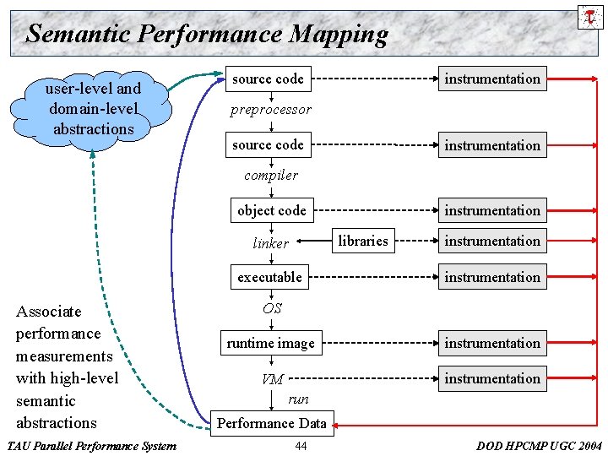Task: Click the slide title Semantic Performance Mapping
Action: click(x=207, y=35)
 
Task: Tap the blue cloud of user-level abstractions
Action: click(x=93, y=109)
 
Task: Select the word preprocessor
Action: click(x=271, y=110)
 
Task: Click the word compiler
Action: click(x=271, y=176)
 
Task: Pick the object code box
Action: click(x=271, y=210)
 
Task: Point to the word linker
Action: click(x=271, y=243)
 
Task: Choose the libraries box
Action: click(x=363, y=242)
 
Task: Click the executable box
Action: click(x=269, y=277)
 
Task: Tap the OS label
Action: click(x=272, y=308)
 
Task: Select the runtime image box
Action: click(x=270, y=343)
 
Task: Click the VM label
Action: click(x=272, y=379)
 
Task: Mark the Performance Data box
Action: click(x=272, y=422)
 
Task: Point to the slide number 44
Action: click(x=301, y=446)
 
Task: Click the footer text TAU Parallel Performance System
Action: click(x=91, y=446)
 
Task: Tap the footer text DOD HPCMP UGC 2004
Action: click(x=540, y=446)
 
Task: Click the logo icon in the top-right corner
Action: click(x=590, y=16)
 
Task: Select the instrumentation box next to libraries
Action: click(x=492, y=242)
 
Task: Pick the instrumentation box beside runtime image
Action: click(x=492, y=343)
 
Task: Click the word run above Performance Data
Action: click(x=298, y=399)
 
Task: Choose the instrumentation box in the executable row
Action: click(x=492, y=277)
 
